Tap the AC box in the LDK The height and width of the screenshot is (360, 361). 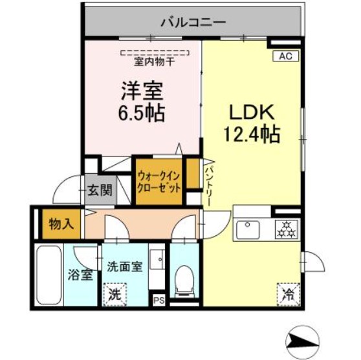pyautogui.click(x=285, y=56)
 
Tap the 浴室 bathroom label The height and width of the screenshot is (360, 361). pyautogui.click(x=80, y=275)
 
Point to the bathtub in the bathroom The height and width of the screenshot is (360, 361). pyautogui.click(x=47, y=275)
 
